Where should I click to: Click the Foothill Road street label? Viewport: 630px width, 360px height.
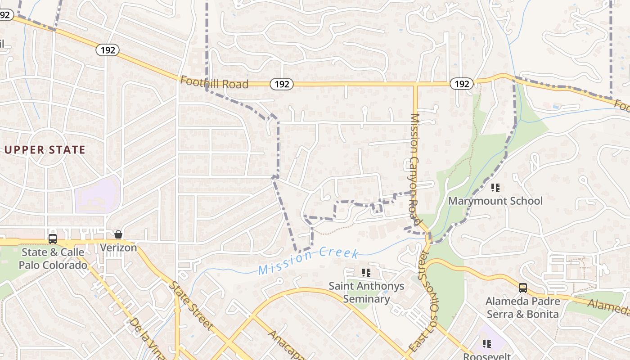(214, 82)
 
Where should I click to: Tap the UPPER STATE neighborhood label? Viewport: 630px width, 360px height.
(45, 150)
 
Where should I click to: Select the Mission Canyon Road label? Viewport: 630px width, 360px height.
(415, 169)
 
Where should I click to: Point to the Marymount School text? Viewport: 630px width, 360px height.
(495, 201)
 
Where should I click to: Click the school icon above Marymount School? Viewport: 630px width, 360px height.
(495, 187)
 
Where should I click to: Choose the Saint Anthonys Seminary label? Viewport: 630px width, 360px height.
(366, 292)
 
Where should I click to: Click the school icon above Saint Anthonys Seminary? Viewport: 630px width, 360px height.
(366, 272)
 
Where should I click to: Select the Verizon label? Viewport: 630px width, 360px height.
(118, 247)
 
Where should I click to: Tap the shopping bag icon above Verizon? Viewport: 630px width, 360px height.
(118, 234)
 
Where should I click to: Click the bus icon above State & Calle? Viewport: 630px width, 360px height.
(53, 238)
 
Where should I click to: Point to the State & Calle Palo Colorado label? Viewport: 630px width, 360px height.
(53, 258)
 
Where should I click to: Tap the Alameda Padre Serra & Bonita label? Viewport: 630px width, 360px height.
(523, 307)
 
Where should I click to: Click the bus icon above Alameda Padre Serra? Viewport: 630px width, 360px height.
(523, 288)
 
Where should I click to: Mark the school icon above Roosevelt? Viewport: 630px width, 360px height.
(486, 344)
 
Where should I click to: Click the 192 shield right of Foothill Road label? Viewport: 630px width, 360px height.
(282, 84)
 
